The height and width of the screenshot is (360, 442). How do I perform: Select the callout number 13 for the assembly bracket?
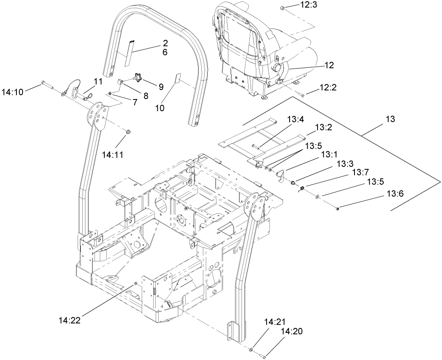[390, 119]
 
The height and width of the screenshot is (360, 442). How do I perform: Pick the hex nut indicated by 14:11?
[127, 132]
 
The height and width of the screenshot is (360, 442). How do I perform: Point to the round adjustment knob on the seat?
[276, 67]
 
